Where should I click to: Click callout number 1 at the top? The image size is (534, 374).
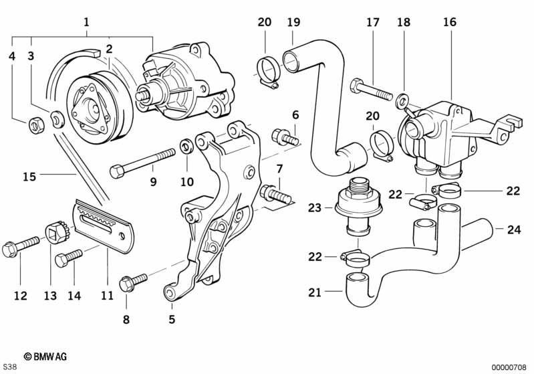86,21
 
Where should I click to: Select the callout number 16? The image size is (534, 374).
449,21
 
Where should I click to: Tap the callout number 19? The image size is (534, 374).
293,21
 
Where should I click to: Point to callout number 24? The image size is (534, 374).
513,229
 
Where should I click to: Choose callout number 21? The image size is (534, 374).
315,292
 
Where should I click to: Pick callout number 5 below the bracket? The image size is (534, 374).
171,319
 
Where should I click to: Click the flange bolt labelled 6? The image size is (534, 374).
285,138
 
